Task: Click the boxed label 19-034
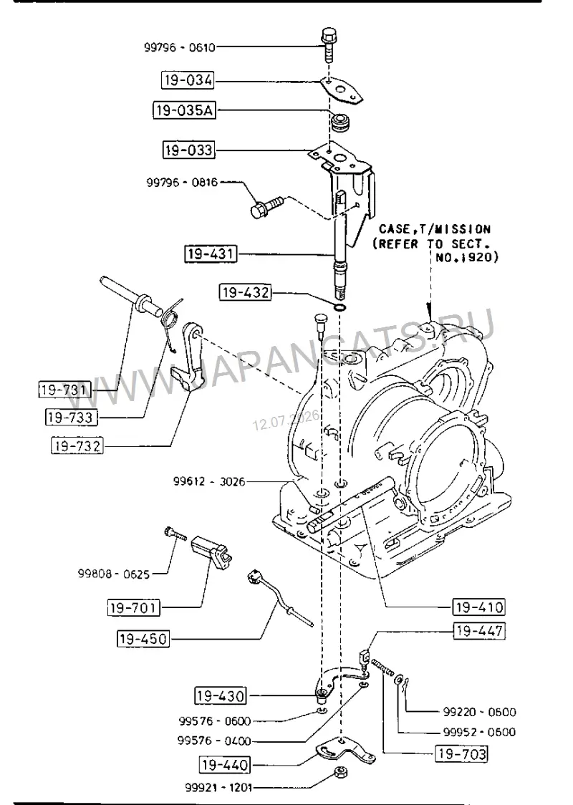[188, 80]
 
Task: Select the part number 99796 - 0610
[179, 47]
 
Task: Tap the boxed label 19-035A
[184, 110]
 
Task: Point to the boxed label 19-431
[211, 254]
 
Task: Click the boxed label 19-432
[245, 292]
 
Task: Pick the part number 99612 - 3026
[209, 482]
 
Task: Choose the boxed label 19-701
[133, 608]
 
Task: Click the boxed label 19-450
[143, 639]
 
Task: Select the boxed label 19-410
[478, 607]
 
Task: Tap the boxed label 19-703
[461, 753]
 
